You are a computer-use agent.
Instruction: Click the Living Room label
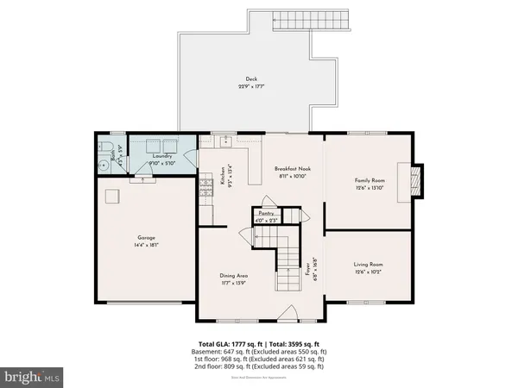(x=368, y=265)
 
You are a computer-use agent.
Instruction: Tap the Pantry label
(x=266, y=212)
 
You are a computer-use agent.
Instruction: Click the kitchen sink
(x=224, y=140)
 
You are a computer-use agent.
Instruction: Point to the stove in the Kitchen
(x=206, y=188)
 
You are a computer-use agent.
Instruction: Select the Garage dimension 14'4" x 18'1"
(x=145, y=245)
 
